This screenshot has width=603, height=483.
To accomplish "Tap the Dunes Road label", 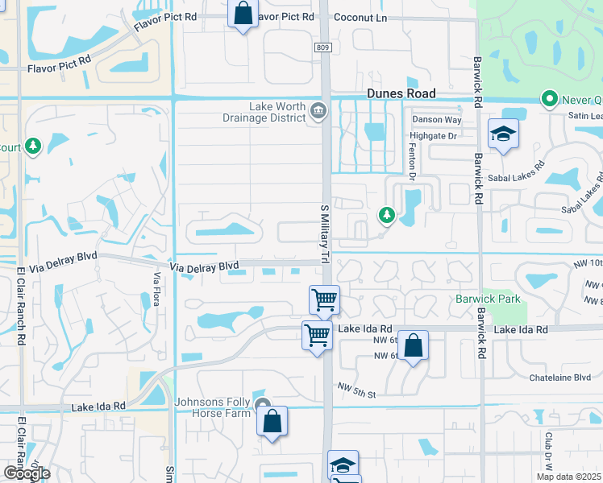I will coord(401,93).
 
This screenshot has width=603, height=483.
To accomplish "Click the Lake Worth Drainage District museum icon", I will coord(318,110).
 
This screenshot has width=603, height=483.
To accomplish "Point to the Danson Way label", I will coord(436,120).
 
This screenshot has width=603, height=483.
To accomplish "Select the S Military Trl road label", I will coord(326,233).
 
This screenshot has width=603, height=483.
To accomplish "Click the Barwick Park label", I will coord(488,299).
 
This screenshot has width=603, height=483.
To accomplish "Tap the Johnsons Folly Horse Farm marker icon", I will coord(261,405).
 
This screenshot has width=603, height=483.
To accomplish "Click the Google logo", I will coord(26,473).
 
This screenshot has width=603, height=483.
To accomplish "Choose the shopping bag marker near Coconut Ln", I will coord(242,14).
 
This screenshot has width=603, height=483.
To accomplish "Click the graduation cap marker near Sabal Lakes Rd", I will coord(503,134).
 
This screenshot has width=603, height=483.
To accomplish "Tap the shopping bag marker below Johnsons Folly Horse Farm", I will coord(272,421).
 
